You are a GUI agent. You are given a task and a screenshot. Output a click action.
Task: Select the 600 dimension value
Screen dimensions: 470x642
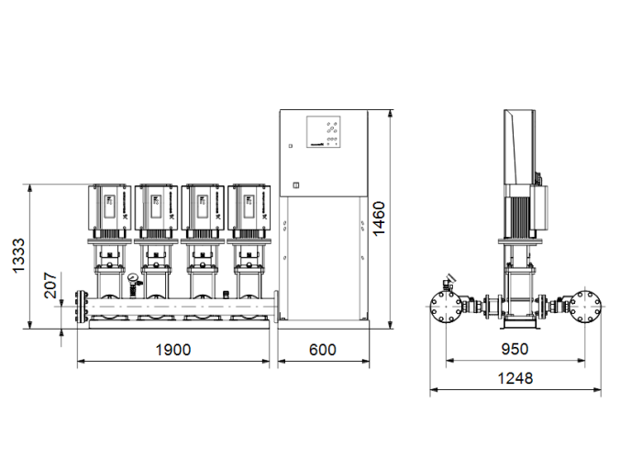[322, 350]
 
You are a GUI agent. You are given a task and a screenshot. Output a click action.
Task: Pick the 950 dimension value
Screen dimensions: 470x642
[515, 350]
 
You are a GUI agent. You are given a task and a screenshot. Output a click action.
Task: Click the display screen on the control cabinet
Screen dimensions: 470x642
[324, 130]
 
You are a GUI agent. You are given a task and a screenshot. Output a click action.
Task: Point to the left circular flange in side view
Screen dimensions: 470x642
[448, 307]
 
